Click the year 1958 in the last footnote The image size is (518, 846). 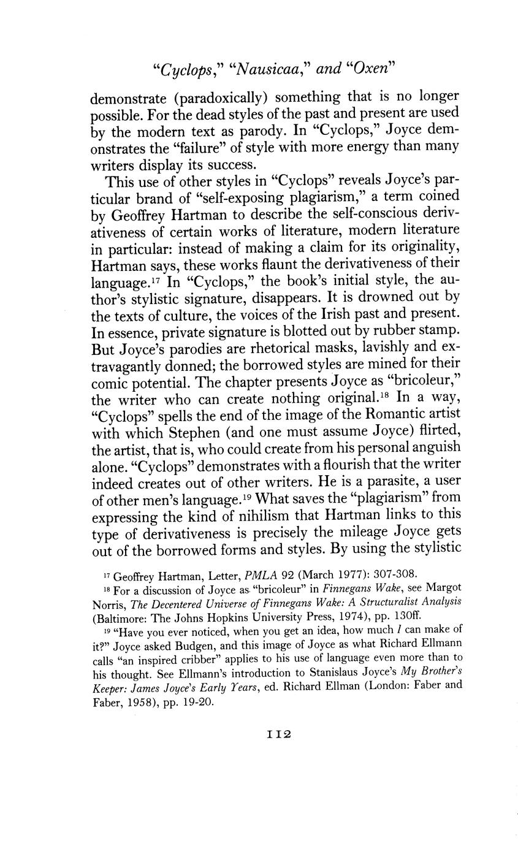151,702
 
